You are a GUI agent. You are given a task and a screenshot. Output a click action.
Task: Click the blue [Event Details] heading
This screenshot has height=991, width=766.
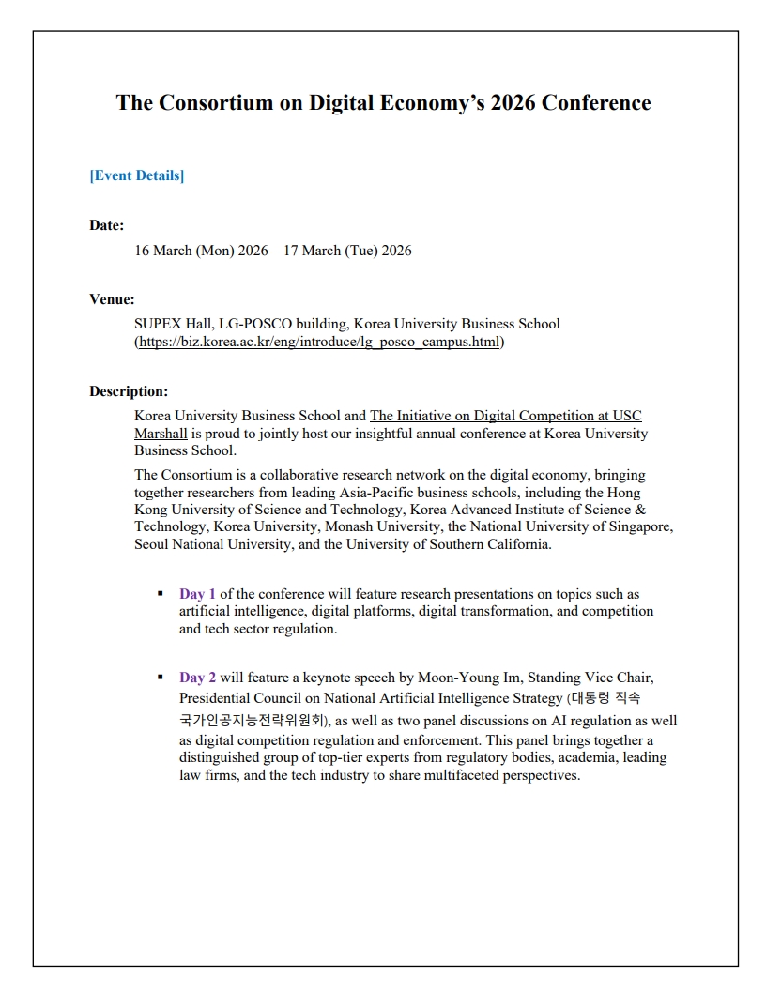tap(137, 175)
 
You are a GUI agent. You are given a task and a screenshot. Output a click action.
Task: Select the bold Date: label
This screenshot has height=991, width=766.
tap(107, 225)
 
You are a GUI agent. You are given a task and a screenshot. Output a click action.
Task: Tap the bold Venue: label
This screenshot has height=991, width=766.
tap(112, 299)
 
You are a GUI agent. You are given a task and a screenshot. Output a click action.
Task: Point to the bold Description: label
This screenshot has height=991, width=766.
tap(129, 391)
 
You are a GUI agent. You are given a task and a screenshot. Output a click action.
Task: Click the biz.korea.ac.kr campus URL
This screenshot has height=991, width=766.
tap(319, 342)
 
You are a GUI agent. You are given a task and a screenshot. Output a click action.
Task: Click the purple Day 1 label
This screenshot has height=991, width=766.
tap(198, 594)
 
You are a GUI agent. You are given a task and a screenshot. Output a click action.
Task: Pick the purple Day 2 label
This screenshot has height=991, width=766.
tap(198, 677)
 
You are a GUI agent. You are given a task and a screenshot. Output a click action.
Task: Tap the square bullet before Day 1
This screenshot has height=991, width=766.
tap(160, 594)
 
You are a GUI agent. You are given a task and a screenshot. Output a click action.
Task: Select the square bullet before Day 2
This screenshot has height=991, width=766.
tap(160, 677)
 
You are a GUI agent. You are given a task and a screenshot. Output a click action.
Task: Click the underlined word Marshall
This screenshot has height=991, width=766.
tap(161, 433)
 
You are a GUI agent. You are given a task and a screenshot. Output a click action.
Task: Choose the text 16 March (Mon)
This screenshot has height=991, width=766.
tap(184, 251)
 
